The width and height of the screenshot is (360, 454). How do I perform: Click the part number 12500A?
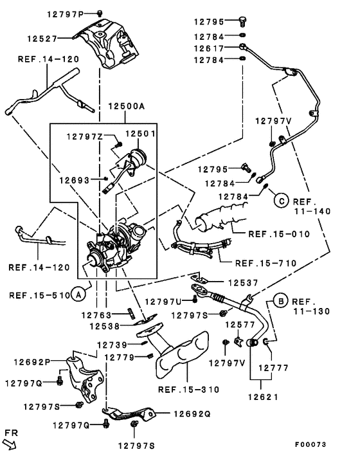pyautogui.click(x=127, y=106)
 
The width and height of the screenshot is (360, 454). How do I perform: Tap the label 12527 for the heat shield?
pyautogui.click(x=42, y=39)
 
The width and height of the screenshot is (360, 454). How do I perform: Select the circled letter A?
pyautogui.click(x=78, y=295)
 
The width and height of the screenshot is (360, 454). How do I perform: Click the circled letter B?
pyautogui.click(x=281, y=301)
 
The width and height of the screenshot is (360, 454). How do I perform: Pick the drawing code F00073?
pyautogui.click(x=310, y=444)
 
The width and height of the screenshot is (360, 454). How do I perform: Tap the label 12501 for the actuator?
pyautogui.click(x=140, y=134)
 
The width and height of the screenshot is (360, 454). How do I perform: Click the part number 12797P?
pyautogui.click(x=66, y=14)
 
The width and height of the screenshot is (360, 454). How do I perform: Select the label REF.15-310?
pyautogui.click(x=189, y=390)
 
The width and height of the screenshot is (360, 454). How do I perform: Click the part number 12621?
pyautogui.click(x=263, y=397)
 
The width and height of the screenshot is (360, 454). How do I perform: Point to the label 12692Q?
pyautogui.click(x=192, y=414)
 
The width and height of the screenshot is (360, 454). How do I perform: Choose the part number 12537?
pyautogui.click(x=243, y=282)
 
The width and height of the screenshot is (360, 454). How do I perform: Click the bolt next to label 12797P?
pyautogui.click(x=100, y=13)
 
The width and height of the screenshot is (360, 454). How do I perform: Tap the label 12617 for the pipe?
pyautogui.click(x=209, y=48)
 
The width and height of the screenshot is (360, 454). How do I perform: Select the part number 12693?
pyautogui.click(x=75, y=181)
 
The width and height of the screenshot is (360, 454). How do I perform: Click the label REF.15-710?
pyautogui.click(x=266, y=263)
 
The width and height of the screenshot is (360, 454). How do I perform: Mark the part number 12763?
pyautogui.click(x=96, y=314)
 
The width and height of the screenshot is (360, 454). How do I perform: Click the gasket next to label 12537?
pyautogui.click(x=199, y=279)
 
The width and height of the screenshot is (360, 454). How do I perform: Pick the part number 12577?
pyautogui.click(x=240, y=325)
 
